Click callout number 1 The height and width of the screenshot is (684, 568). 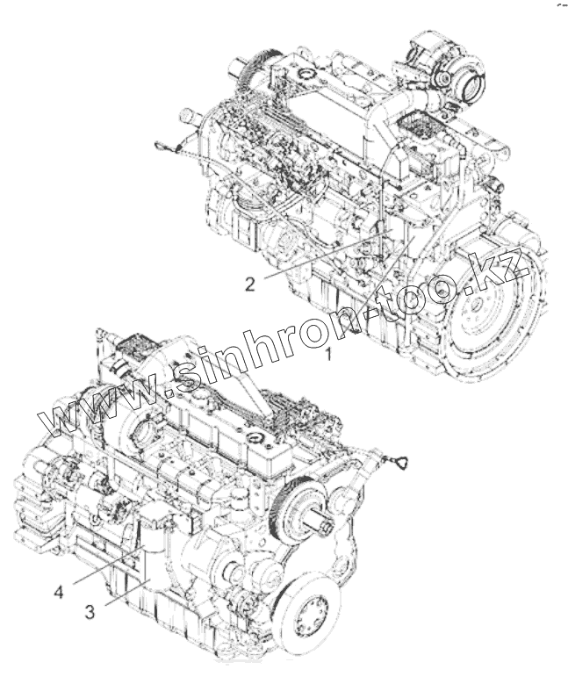coord(328,355)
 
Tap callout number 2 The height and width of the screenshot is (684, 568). coord(250,284)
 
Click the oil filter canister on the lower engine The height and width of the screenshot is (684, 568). coord(155,544)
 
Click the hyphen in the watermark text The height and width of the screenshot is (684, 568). coord(375,311)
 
